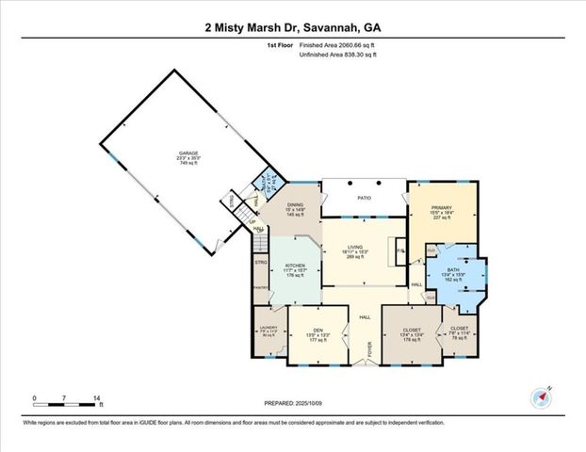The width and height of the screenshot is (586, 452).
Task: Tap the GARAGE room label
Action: pyautogui.click(x=189, y=152)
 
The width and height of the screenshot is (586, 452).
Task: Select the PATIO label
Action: pyautogui.click(x=366, y=199)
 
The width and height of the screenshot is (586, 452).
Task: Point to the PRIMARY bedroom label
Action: pyautogui.click(x=443, y=208)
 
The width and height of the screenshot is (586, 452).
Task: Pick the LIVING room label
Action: pyautogui.click(x=355, y=247)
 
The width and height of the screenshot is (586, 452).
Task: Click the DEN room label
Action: pyautogui.click(x=317, y=330)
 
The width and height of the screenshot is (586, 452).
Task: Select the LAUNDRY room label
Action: pyautogui.click(x=269, y=328)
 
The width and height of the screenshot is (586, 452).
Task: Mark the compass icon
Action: pyautogui.click(x=541, y=396)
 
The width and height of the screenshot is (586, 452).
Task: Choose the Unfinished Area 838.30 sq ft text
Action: pyautogui.click(x=338, y=56)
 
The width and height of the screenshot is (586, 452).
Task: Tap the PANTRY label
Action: pyautogui.click(x=261, y=290)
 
